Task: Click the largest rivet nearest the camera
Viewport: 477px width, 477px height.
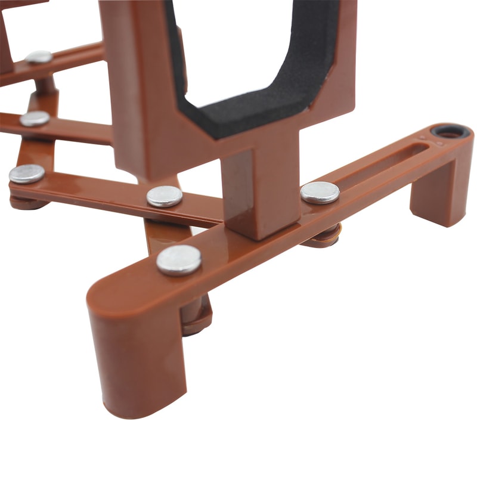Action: (179, 260)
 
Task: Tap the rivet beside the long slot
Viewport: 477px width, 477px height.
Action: (320, 193)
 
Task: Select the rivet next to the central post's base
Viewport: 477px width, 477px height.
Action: (165, 196)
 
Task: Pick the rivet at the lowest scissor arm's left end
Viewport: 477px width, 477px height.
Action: (27, 174)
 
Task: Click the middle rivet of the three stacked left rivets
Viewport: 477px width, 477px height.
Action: (35, 119)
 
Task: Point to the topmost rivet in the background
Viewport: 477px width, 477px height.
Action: (39, 57)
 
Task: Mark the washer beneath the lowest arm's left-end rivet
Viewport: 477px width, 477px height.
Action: (27, 203)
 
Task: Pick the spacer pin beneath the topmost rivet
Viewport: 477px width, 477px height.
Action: (45, 83)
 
